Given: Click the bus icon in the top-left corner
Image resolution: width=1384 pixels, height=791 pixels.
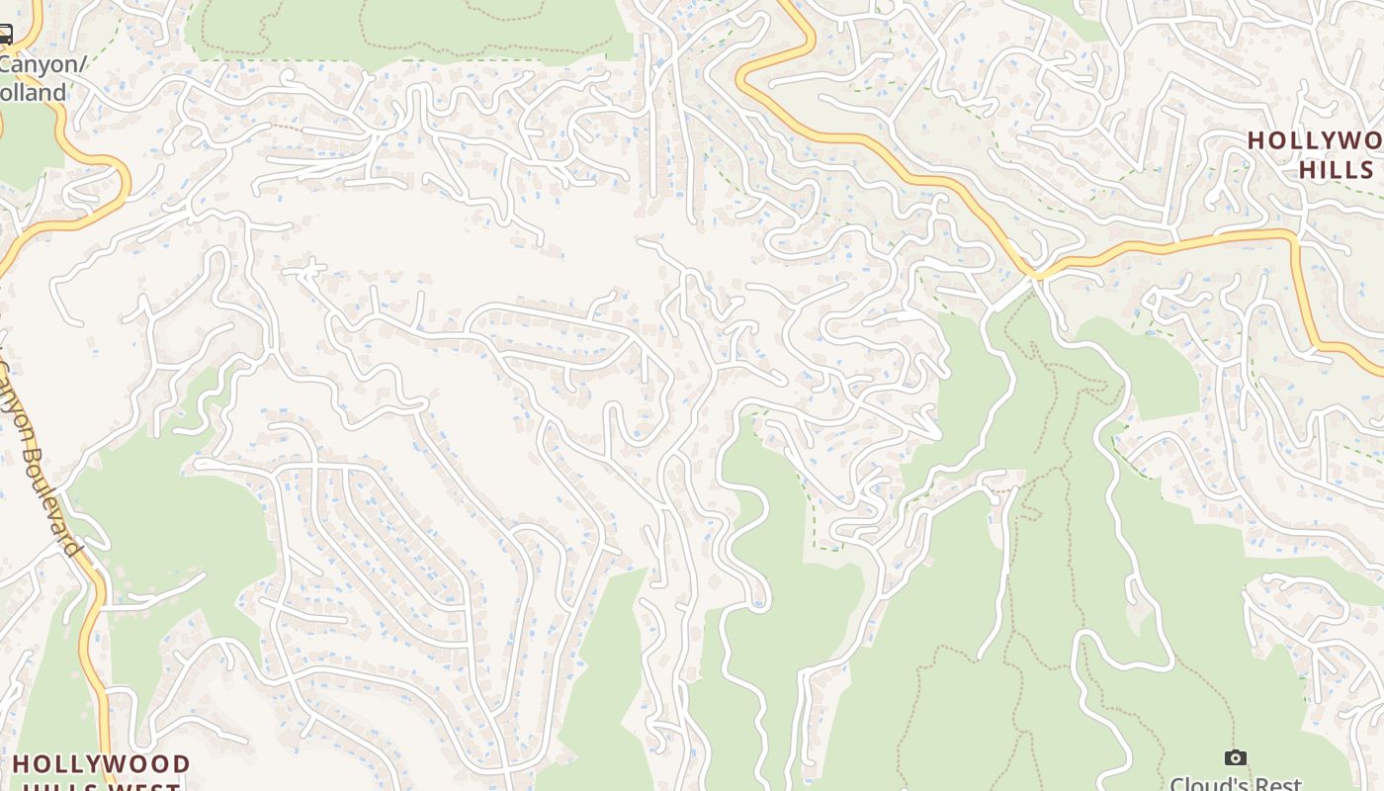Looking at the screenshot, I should click(5, 37).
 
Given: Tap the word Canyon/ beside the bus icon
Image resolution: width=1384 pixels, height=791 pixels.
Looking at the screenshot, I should click(43, 65).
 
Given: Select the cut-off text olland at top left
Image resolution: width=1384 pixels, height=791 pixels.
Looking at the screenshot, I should click(34, 93).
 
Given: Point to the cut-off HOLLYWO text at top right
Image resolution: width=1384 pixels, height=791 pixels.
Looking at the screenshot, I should click(1315, 140).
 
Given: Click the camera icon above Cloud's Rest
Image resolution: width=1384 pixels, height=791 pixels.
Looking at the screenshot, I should click(1235, 757).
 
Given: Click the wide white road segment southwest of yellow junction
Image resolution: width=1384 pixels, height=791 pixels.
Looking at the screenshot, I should click(1003, 302).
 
